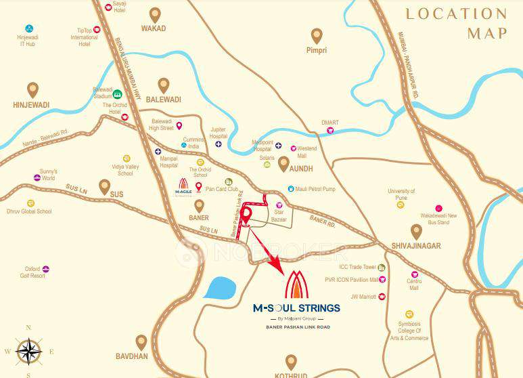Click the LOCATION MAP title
click(456, 22)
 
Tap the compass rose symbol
click(28, 350)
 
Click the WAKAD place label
click(154, 29)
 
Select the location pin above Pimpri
click(317, 35)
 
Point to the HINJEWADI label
click(32, 106)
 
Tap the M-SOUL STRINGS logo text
click(296, 308)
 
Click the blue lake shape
click(220, 289)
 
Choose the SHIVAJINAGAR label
click(415, 246)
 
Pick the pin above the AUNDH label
click(284, 163)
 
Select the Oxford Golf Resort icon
click(46, 269)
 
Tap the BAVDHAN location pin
click(141, 342)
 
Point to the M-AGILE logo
click(183, 185)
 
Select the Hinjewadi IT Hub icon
click(29, 29)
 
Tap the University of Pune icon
click(401, 204)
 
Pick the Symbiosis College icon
click(409, 314)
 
